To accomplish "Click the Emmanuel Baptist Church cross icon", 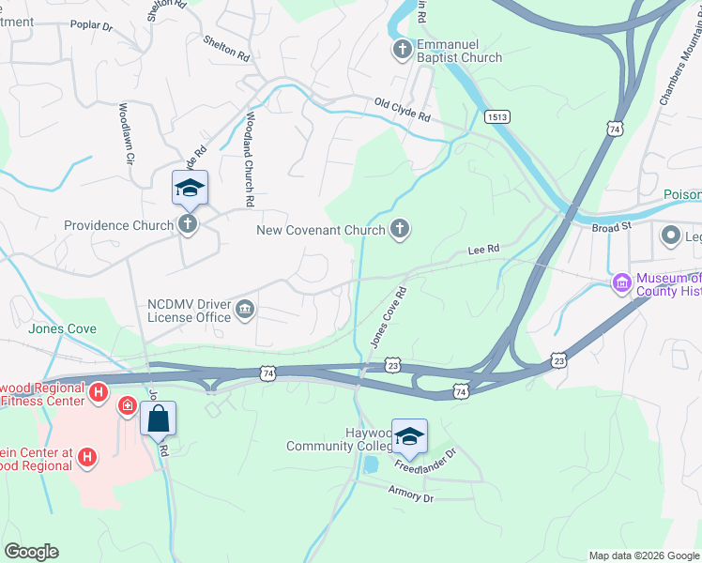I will pos(402,50).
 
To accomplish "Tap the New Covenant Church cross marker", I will pos(400,229).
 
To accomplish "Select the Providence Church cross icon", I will pos(188,225).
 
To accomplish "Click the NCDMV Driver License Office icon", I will pos(245,309).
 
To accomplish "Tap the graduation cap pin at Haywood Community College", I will pos(409,435).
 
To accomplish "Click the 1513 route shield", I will pos(496,116).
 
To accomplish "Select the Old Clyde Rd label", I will pos(402,112).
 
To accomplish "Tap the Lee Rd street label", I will pos(483,251).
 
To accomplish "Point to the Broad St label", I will pos(612,226).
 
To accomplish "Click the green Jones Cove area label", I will pos(62,329).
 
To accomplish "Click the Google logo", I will pos(32,552).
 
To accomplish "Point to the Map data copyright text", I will pos(644,555).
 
